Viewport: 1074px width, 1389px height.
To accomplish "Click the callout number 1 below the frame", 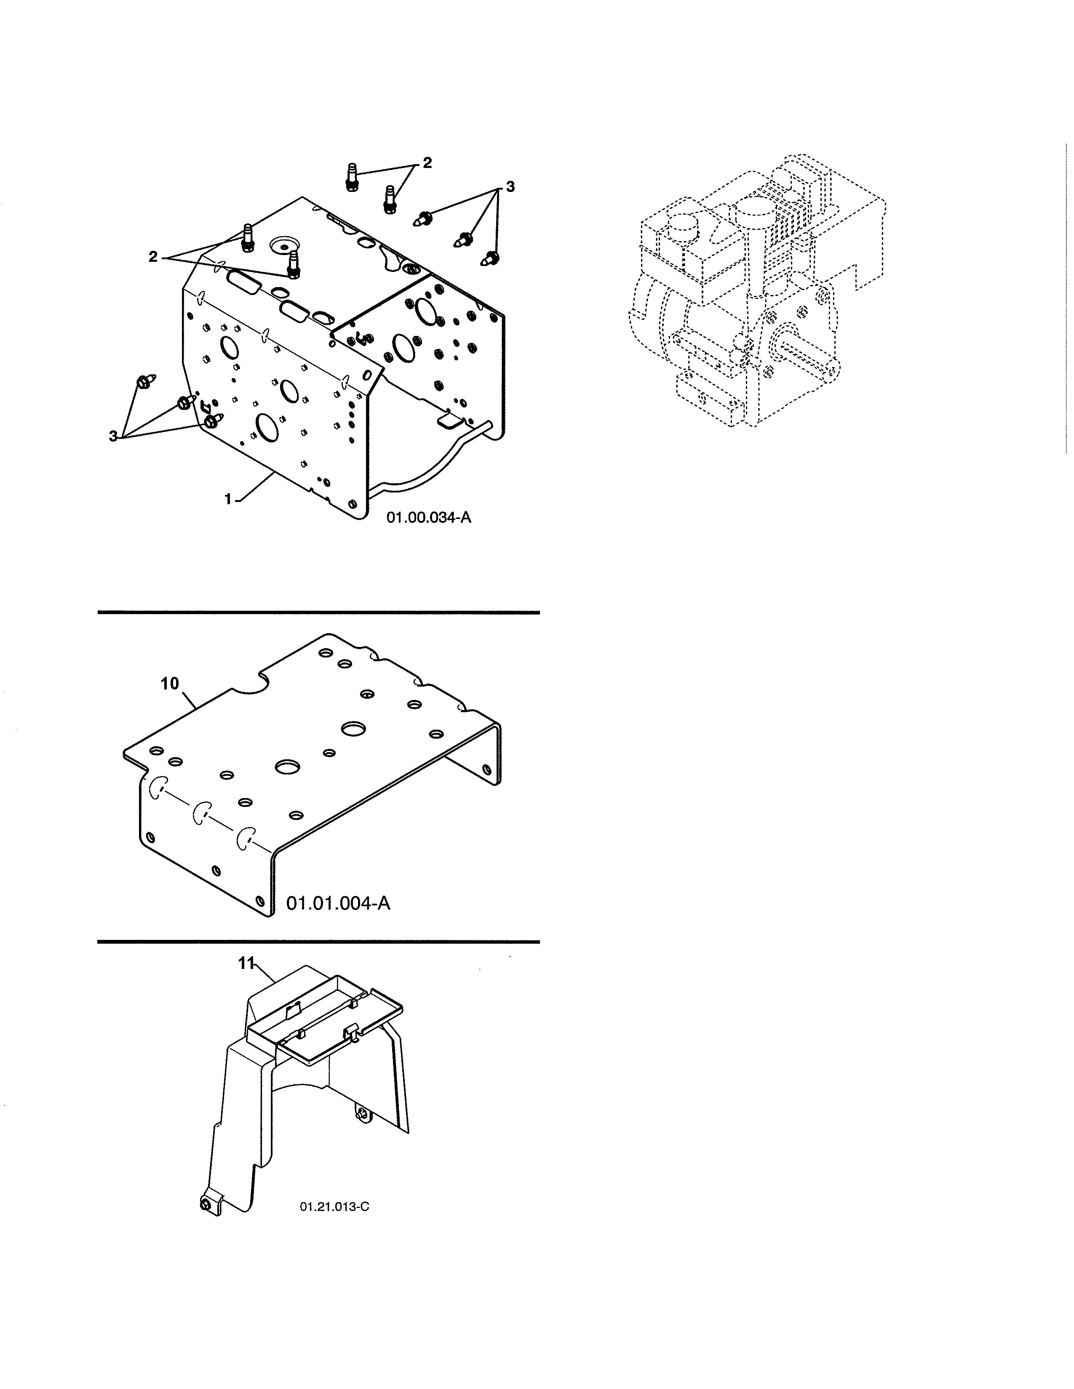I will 228,500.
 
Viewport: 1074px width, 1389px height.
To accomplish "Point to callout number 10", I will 169,684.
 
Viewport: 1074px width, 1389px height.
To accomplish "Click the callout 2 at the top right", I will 427,163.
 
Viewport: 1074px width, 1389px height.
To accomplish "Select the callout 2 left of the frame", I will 153,257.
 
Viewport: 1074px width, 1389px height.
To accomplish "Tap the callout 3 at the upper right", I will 510,186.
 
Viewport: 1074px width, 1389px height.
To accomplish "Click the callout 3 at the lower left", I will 113,436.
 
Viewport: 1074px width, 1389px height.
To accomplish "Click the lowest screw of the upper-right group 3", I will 492,258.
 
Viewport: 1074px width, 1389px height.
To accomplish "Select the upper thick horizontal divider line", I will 318,612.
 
